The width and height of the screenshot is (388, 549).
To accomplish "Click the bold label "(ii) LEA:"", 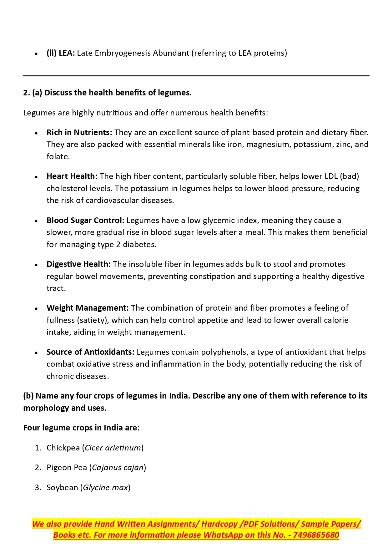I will [x=61, y=53].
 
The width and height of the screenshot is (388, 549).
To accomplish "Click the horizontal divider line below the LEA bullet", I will [x=196, y=76].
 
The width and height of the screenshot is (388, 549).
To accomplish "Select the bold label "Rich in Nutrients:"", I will [x=79, y=133].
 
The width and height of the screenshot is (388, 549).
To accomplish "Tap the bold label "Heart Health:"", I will [x=72, y=176].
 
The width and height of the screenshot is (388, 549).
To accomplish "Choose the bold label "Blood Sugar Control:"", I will [x=85, y=221].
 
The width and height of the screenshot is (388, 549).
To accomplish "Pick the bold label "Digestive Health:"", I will [x=78, y=264].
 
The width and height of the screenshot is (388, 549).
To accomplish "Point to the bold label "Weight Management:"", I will [x=88, y=308].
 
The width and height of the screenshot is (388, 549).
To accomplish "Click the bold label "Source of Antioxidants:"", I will [x=90, y=352].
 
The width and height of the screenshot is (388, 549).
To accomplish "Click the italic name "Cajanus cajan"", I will [x=118, y=468].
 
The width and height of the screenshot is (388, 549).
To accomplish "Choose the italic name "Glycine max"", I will [x=105, y=488].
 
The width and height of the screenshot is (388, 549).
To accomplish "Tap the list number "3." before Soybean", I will [x=38, y=488].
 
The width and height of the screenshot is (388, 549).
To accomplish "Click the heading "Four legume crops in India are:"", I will [x=81, y=428].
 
